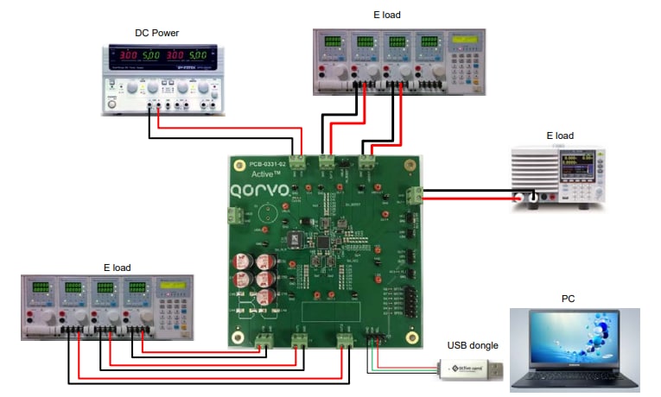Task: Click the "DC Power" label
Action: (x=159, y=33)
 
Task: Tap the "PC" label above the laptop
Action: (x=567, y=299)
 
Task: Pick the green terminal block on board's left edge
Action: (x=232, y=216)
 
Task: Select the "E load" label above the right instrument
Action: (x=560, y=135)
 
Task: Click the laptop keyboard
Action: (x=574, y=380)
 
